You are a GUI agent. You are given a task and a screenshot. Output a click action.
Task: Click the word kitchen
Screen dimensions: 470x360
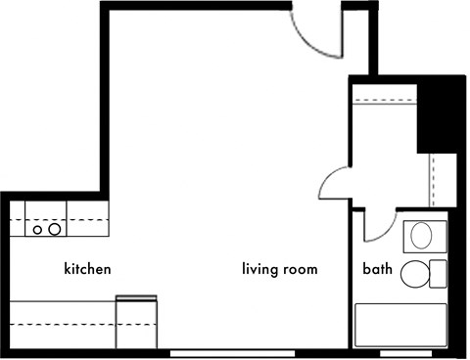(x=87, y=269)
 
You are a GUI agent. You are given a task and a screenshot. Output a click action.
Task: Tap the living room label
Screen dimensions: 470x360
(x=280, y=269)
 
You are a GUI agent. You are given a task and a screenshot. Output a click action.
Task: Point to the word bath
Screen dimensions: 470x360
(x=377, y=269)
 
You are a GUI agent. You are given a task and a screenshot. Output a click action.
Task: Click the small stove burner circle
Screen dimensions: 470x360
(x=37, y=230)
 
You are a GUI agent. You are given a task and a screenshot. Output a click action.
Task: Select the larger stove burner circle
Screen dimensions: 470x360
(x=55, y=230)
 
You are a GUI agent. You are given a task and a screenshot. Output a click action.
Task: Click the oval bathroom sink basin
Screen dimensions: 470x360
(x=421, y=236)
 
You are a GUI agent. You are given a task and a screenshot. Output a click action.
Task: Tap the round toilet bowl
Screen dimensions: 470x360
(x=414, y=274)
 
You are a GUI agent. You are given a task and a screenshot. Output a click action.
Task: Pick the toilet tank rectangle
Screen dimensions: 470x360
(x=438, y=274)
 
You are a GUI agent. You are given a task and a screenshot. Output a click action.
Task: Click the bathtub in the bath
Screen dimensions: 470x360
(x=400, y=325)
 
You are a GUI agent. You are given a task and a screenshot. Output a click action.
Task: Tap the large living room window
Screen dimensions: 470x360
(x=233, y=354)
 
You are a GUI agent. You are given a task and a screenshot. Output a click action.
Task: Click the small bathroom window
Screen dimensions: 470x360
(x=406, y=354)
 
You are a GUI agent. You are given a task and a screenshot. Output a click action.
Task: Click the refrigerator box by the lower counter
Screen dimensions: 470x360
(x=136, y=322)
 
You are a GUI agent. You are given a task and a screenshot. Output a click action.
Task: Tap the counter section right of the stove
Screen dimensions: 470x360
(x=87, y=218)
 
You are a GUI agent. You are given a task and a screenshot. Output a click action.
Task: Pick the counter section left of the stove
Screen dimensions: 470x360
(x=18, y=218)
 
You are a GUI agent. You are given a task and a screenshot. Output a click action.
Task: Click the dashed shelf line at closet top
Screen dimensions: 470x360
(x=385, y=100)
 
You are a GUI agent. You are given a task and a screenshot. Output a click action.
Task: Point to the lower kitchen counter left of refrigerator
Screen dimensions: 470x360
(x=63, y=325)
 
